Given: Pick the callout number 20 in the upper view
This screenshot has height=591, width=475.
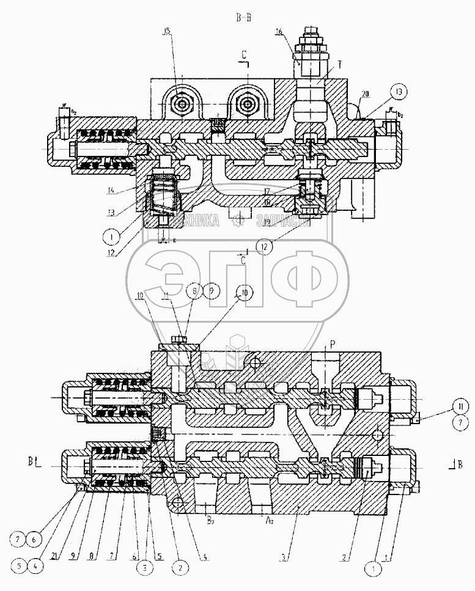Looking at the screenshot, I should (x=364, y=94).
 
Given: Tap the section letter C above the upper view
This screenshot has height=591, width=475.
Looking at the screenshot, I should (x=244, y=54).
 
